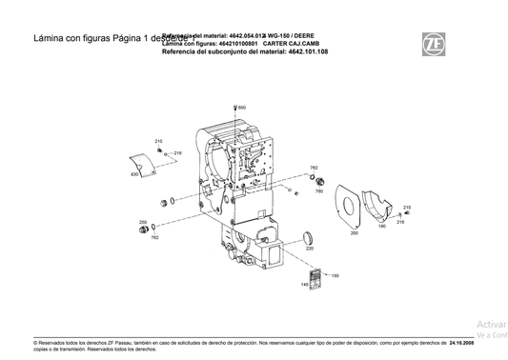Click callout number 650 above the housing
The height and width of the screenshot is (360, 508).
[242, 108]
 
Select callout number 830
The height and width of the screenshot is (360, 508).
[134, 175]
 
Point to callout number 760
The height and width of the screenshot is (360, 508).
[320, 191]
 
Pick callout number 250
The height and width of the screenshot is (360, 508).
[143, 222]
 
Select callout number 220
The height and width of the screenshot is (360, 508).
[309, 249]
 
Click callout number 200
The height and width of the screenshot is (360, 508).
[354, 232]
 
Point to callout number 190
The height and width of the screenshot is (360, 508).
[382, 227]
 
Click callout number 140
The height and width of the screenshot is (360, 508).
[305, 283]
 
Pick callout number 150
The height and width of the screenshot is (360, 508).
[335, 276]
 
